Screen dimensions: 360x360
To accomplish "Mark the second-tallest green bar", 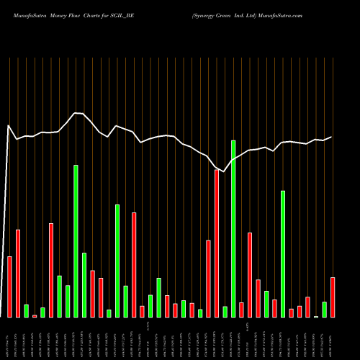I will (x=76, y=240).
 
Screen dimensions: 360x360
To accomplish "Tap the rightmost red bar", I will (x=333, y=297).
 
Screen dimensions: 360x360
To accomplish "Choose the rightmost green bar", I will (x=325, y=309).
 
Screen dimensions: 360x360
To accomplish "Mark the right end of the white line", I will (x=332, y=137).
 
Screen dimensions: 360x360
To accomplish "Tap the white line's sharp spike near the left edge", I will (x=9, y=126).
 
